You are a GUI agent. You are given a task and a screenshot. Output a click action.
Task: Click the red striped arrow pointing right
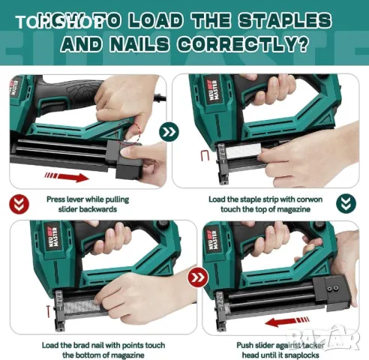click(x=70, y=177)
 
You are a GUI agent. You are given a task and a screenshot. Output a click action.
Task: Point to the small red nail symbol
click(x=25, y=308)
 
